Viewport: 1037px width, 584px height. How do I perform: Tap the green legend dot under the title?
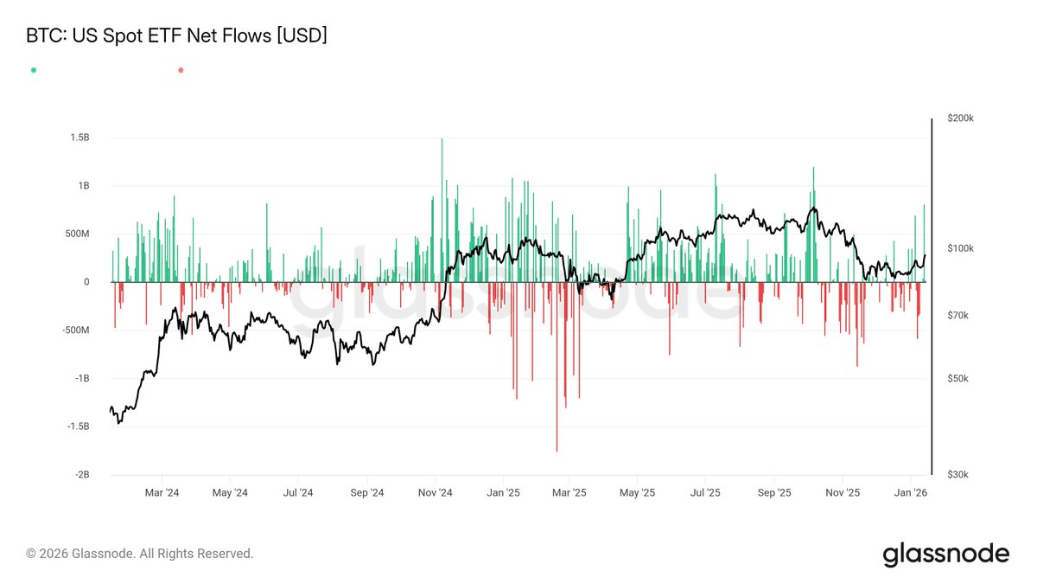34,70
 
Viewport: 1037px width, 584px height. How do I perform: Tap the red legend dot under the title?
181,70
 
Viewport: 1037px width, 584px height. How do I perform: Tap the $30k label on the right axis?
962,475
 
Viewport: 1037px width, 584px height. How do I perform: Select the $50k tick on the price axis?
962,379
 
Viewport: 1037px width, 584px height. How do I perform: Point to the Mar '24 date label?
162,493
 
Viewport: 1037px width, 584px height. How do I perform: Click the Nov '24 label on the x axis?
435,493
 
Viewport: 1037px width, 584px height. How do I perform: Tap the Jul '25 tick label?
706,493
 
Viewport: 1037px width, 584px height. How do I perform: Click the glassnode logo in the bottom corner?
945,554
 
